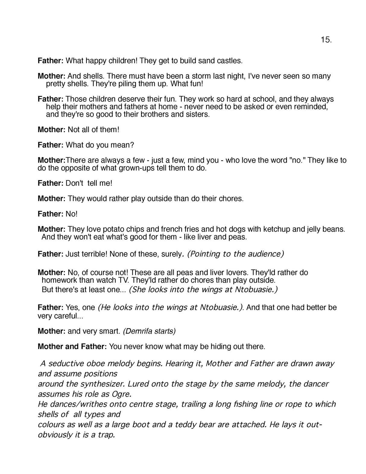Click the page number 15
click(326, 40)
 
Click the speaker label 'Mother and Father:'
click(72, 346)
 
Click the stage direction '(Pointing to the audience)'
click(235, 254)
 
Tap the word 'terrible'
click(95, 254)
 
